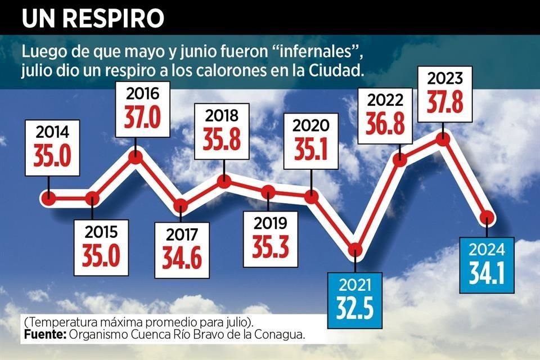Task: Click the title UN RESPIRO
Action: (93, 18)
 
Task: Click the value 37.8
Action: (444, 103)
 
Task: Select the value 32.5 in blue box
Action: (355, 303)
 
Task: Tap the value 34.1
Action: (487, 272)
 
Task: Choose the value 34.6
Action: (181, 258)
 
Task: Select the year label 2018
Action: (224, 116)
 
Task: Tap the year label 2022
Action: (400, 101)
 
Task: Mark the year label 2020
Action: (311, 124)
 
